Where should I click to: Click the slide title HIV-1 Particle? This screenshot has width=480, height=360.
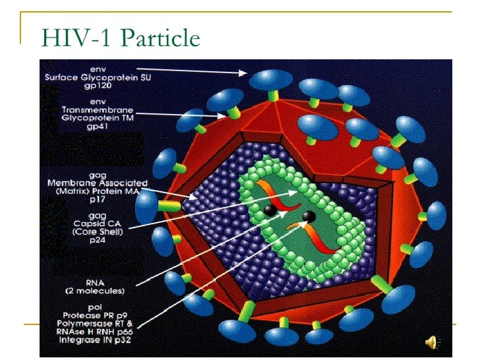point(121,38)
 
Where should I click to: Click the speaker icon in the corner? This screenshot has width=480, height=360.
point(433,342)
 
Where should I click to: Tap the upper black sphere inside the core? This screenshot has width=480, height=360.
point(270,210)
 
